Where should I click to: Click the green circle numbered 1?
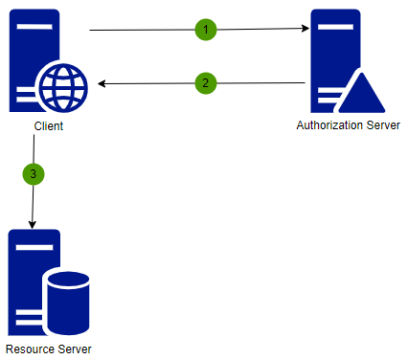click(205, 30)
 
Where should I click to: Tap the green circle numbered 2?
click(205, 83)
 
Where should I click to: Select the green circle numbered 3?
click(34, 174)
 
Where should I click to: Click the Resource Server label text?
click(49, 349)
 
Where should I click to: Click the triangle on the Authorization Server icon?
click(365, 93)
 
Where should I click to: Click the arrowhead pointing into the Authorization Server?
click(306, 30)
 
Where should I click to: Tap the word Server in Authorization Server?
click(379, 126)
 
